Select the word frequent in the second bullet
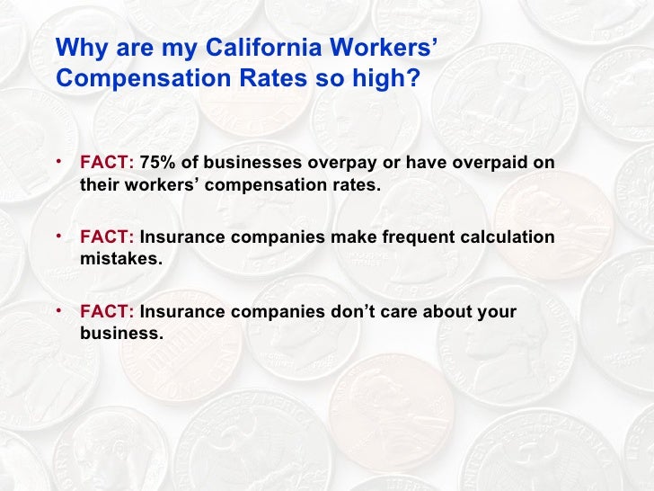417,238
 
